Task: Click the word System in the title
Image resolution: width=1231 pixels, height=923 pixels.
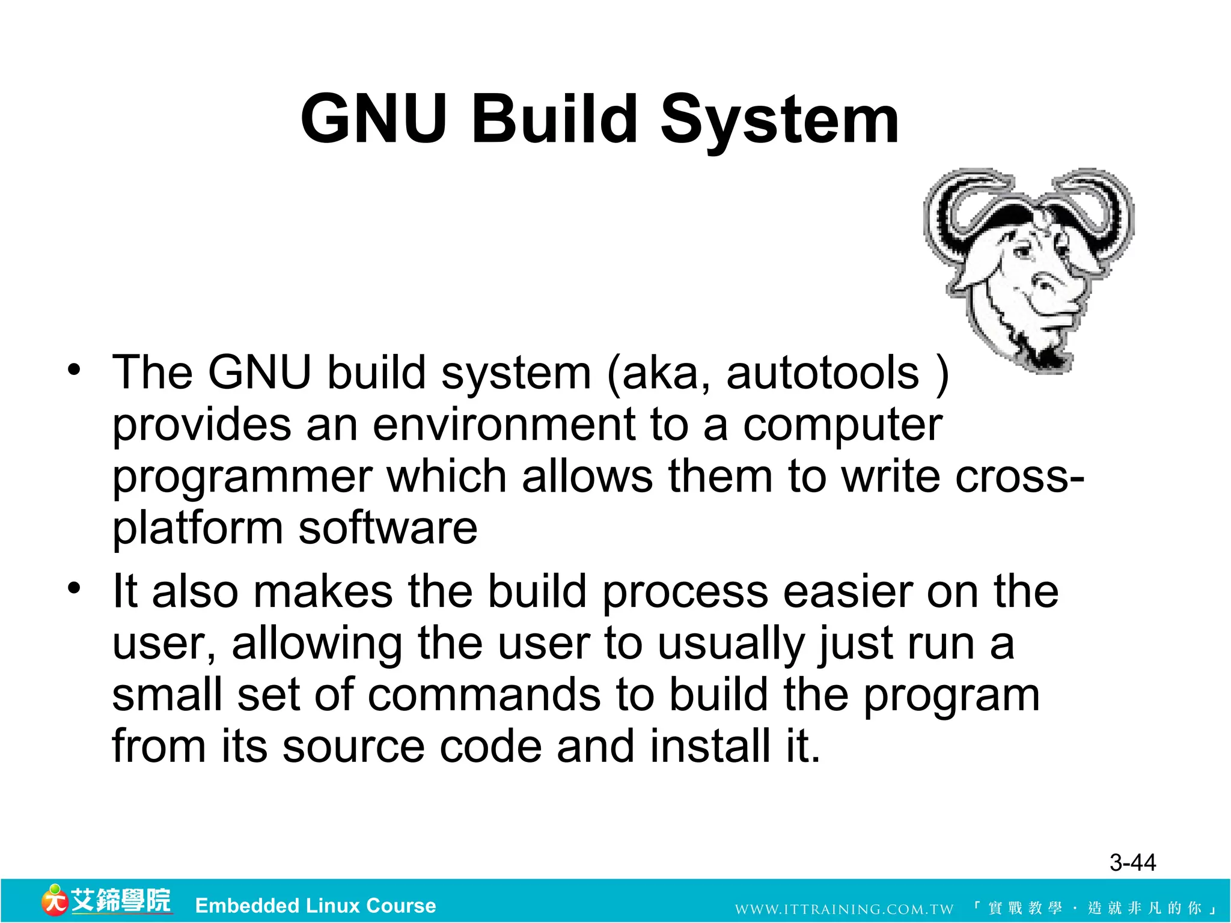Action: [x=780, y=120]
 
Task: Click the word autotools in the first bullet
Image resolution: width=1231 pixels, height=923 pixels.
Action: [x=823, y=373]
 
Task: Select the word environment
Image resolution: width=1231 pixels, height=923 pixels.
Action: [x=504, y=425]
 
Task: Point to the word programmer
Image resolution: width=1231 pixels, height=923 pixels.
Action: [x=242, y=477]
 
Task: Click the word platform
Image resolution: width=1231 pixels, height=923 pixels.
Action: [x=198, y=529]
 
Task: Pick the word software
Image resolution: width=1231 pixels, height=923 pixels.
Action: [x=388, y=529]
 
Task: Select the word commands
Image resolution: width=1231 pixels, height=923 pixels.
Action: [x=484, y=695]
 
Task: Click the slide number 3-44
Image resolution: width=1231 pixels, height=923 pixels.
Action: [x=1132, y=863]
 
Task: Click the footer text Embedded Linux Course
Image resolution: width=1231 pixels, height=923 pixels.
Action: [x=316, y=906]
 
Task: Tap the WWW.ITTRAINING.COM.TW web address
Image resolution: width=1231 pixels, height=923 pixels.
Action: [x=844, y=909]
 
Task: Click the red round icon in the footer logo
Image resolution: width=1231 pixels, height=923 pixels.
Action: [x=54, y=901]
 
